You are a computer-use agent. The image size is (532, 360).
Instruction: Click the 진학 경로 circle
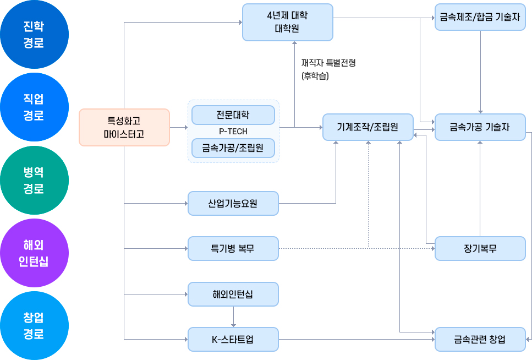tap(34, 35)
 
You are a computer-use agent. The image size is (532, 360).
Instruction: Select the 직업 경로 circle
tap(34, 107)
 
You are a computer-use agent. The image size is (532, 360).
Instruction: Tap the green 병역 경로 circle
tap(34, 181)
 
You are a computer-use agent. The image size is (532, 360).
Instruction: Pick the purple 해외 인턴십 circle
tap(34, 253)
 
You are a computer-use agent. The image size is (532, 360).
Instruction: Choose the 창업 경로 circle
tap(34, 326)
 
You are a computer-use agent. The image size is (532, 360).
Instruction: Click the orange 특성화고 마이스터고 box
tap(124, 127)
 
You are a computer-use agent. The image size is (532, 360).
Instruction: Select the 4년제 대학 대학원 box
tap(287, 23)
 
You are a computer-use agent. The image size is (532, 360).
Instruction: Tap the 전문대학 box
tap(233, 115)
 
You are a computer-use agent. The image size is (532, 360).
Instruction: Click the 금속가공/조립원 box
tap(233, 148)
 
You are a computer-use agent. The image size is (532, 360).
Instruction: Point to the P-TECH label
tap(233, 132)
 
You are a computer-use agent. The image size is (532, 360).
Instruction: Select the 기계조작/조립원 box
tap(367, 127)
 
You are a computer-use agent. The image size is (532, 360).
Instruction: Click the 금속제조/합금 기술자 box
tap(480, 18)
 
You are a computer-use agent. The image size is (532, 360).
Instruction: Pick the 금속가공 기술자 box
tap(480, 127)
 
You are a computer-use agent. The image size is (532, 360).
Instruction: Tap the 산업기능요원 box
tap(233, 203)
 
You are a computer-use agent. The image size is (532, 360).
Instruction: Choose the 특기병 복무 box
tap(233, 248)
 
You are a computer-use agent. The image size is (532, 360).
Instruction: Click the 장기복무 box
tap(480, 248)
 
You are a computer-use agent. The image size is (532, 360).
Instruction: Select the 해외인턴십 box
tap(233, 294)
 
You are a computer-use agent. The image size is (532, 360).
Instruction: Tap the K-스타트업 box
tap(233, 339)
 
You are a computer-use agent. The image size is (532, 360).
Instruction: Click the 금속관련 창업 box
tap(480, 339)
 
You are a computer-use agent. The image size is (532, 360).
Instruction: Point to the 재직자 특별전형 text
tap(328, 63)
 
